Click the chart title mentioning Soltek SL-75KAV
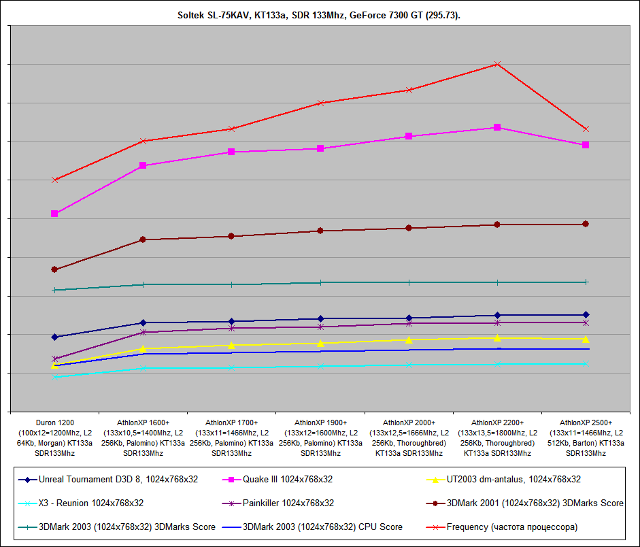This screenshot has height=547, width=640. coord(320,14)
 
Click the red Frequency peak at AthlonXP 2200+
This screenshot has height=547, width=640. coord(497,64)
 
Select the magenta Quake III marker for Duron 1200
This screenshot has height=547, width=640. coord(54,214)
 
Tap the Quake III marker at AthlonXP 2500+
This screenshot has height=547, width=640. coord(586,145)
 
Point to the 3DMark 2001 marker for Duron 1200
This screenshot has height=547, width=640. coord(54,269)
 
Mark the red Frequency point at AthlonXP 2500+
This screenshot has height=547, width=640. coord(586,129)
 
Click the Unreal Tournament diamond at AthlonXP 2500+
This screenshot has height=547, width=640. coord(586,314)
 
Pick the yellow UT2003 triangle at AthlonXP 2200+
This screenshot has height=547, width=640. coord(497,338)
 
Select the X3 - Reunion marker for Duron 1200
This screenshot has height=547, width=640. coord(54,377)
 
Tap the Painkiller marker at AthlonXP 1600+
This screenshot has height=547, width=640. coord(143,332)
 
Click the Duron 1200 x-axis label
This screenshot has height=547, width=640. coord(54,437)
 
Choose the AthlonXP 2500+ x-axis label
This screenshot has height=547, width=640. coord(586,437)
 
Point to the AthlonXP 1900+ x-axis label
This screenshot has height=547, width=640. coord(320,437)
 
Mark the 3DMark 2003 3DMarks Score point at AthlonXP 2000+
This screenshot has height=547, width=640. coord(409,282)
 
